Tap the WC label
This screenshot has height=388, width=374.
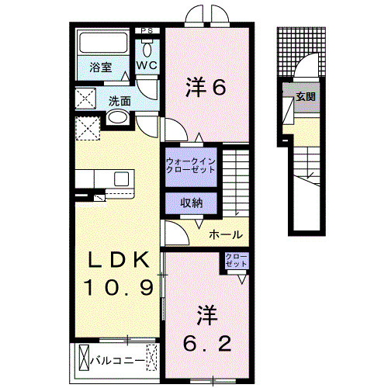pyautogui.click(x=147, y=66)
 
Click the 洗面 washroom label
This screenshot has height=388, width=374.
pyautogui.click(x=119, y=100)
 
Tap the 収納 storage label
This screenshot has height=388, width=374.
pyautogui.click(x=192, y=203)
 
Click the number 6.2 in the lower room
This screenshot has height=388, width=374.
pyautogui.click(x=206, y=341)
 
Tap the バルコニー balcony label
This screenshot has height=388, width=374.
pyautogui.click(x=116, y=361)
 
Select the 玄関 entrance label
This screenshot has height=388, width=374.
pyautogui.click(x=305, y=97)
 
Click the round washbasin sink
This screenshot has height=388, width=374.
pyautogui.click(x=117, y=118)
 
